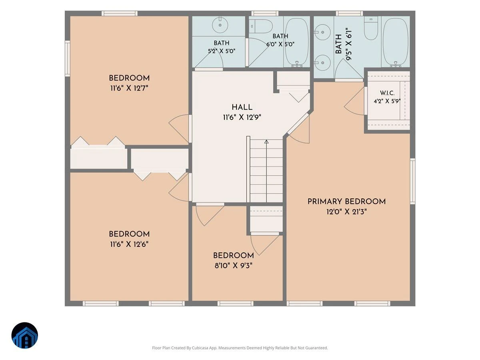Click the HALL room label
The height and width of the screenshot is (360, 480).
[x=242, y=107]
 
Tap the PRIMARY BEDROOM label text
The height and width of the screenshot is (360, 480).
[x=347, y=202]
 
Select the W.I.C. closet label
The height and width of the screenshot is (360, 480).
[x=387, y=93]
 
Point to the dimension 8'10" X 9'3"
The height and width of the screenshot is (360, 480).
[x=234, y=266]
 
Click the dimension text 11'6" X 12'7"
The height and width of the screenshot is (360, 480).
[x=129, y=88]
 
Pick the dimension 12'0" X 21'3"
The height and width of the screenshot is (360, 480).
[x=347, y=212]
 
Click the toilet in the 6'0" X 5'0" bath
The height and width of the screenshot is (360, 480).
[x=261, y=26]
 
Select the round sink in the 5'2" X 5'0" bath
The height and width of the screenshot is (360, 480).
[x=220, y=25]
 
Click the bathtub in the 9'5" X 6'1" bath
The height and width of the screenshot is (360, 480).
[x=396, y=42]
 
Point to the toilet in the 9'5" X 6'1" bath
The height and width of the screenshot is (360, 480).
[x=371, y=28]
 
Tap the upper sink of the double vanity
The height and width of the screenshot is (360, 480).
[x=322, y=32]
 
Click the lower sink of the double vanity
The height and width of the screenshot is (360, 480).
[x=322, y=63]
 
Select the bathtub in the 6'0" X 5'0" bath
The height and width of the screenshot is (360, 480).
[x=297, y=42]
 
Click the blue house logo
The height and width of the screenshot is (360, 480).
[x=25, y=335]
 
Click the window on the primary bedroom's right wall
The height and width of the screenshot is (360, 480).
[x=412, y=181]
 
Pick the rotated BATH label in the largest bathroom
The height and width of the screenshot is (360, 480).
[x=338, y=44]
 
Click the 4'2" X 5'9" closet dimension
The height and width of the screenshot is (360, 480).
[x=387, y=101]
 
